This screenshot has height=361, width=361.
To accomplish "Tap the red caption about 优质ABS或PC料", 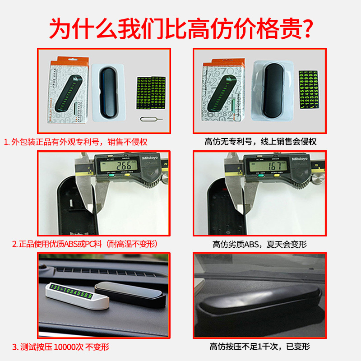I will [84, 245].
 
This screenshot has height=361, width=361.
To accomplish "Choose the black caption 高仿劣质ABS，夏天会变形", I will [259, 245].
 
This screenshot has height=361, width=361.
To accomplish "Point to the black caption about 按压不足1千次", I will [259, 347].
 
